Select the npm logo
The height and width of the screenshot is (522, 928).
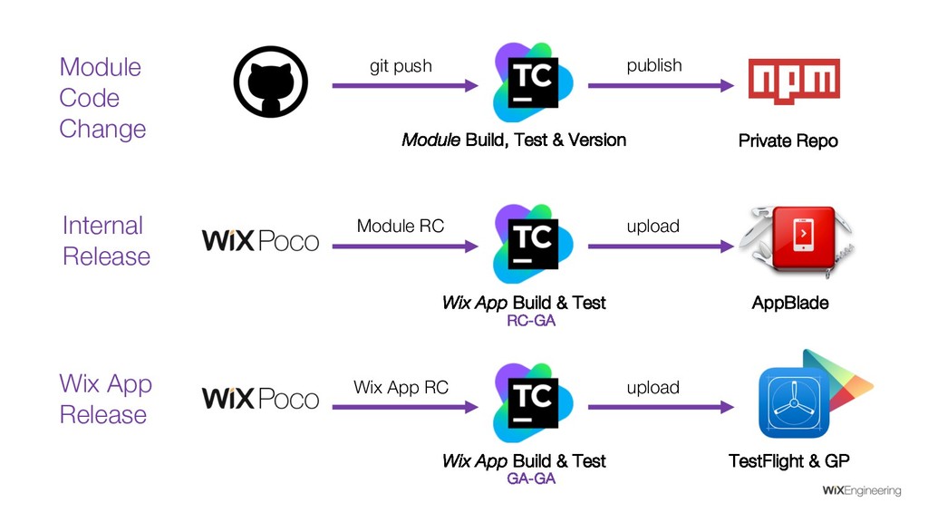point(794,81)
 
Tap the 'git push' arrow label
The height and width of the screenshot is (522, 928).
point(401,66)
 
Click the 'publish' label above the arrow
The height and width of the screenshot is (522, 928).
point(654,65)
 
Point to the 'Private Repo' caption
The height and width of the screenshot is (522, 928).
point(788,140)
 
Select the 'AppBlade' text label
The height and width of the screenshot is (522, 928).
point(790,303)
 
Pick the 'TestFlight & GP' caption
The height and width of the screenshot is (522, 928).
point(789,461)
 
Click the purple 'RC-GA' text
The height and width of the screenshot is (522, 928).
point(530,321)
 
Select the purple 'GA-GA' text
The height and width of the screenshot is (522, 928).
point(530,478)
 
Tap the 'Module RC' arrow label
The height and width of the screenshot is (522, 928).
point(401,226)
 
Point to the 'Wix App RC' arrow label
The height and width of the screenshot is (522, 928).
point(401,388)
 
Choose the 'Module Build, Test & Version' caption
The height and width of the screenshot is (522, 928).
point(513,140)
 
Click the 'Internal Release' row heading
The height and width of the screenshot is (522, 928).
point(105,241)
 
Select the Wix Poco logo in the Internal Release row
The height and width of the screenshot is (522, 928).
point(259,241)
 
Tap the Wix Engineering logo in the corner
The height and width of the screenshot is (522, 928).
point(861,491)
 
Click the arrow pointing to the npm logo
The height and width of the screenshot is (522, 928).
point(661,86)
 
